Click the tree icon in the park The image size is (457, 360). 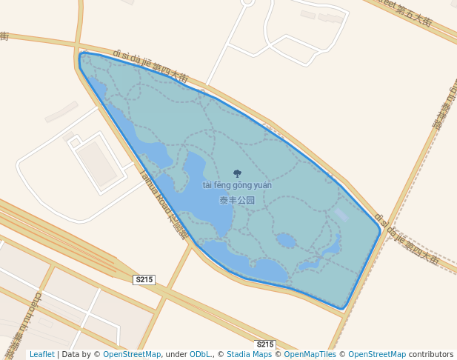[237, 173]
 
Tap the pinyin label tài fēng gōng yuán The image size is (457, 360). [237, 185]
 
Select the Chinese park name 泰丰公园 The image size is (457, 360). [237, 200]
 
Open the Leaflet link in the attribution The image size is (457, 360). [41, 355]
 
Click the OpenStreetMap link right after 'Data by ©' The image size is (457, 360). [132, 355]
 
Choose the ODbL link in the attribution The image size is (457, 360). [200, 355]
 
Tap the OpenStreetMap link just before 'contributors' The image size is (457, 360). [377, 355]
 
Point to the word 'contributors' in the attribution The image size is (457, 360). [430, 355]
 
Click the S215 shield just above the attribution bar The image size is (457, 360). [265, 344]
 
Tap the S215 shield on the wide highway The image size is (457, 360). [144, 279]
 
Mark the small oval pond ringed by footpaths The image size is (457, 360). [285, 240]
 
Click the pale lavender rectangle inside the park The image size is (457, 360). [340, 214]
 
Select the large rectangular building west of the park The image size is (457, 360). [97, 164]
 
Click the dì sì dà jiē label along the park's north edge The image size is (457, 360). [151, 65]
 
